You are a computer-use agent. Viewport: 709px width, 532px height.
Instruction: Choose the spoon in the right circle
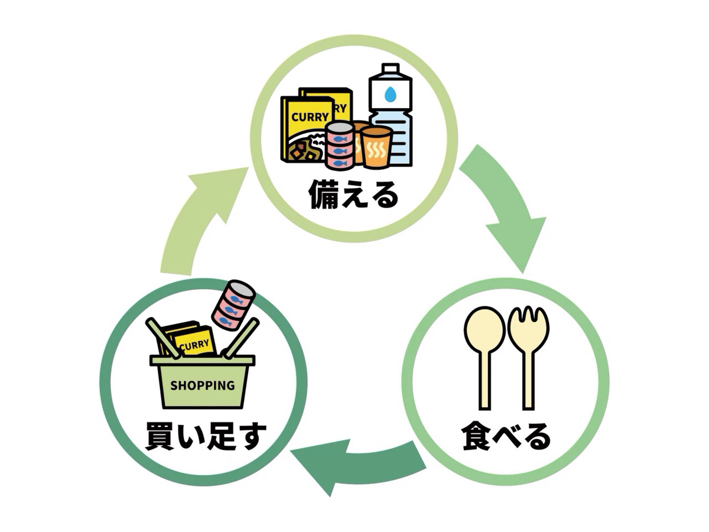pyautogui.click(x=484, y=355)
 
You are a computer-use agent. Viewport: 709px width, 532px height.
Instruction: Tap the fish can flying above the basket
pyautogui.click(x=234, y=304)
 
